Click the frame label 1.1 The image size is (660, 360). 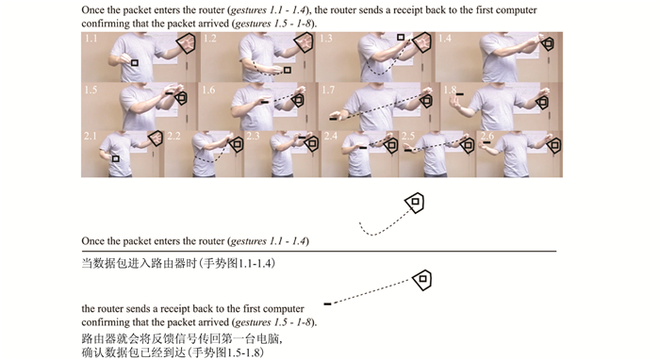91,39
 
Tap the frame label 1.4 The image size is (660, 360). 444,39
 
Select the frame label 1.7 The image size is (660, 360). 328,90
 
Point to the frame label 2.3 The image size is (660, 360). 253,137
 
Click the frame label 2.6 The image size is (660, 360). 487,136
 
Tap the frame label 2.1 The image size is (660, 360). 91,137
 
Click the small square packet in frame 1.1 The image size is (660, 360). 134,63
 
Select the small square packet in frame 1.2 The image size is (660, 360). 287,70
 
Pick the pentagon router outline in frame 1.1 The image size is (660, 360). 187,43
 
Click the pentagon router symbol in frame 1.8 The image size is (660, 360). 542,102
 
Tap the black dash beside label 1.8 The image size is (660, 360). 460,94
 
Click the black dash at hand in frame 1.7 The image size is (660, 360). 334,119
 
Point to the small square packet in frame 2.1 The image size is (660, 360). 116,158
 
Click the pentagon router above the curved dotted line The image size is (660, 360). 415,203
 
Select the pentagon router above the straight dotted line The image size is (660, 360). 422,280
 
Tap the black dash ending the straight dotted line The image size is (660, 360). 327,303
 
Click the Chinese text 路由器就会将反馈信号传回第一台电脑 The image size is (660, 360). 182,338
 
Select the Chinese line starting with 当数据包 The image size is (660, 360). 178,264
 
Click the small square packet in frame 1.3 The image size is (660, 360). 401,38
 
